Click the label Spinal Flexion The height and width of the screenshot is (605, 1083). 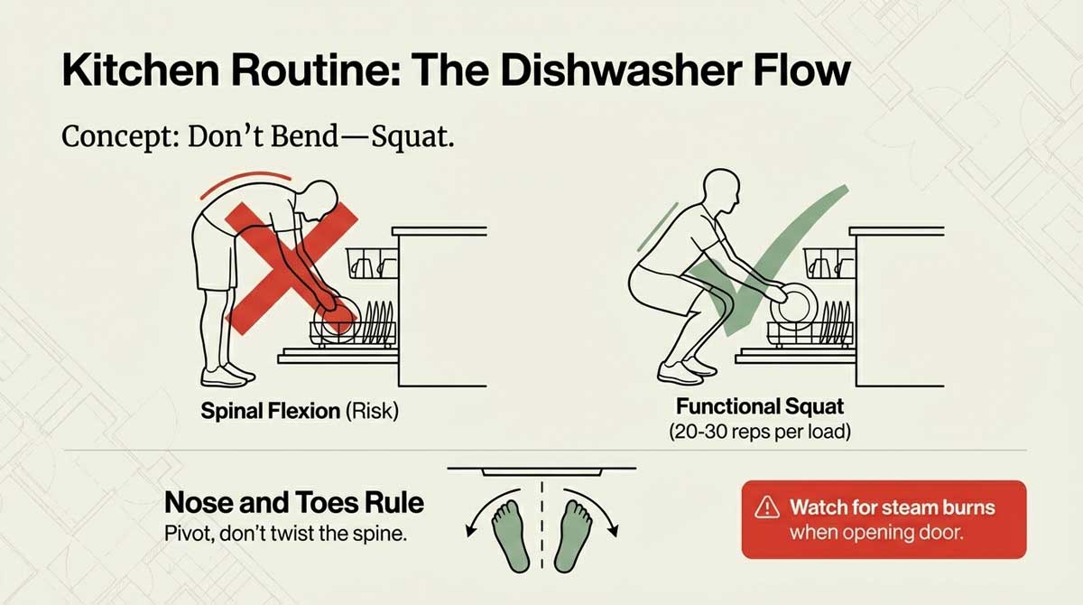tap(270, 413)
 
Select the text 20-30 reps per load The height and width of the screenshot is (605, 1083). tap(760, 432)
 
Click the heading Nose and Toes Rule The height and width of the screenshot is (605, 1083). tap(294, 502)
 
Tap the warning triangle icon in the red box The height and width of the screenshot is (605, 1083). tap(769, 507)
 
